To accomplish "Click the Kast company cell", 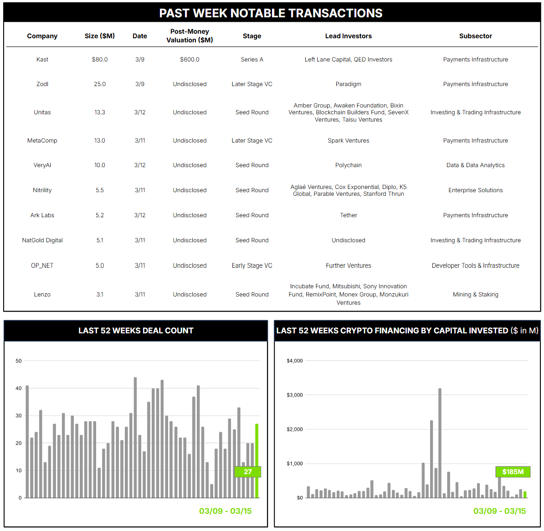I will tap(42, 60).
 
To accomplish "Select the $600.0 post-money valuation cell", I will tap(190, 60).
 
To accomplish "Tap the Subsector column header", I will tap(475, 36).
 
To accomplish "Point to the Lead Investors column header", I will tap(348, 36).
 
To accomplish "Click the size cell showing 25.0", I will tap(100, 84).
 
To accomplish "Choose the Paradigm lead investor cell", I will tap(348, 84).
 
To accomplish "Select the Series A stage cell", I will tap(252, 60).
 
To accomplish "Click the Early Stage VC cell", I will tap(252, 265).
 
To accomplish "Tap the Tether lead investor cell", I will tap(348, 215).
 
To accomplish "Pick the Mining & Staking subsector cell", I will tap(475, 295).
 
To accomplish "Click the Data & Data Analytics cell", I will tap(475, 165).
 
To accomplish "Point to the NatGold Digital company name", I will tap(42, 240).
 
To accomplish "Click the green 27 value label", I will tap(247, 472).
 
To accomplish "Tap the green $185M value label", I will tap(513, 472).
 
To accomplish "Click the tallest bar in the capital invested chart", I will tap(440, 442).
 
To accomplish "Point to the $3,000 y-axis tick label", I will tap(294, 395).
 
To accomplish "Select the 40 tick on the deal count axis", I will tap(19, 388).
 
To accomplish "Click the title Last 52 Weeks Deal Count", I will tap(136, 331).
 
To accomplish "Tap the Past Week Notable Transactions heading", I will tap(271, 13).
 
